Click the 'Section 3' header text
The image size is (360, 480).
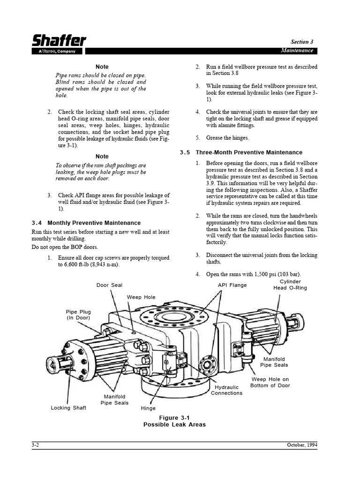(300, 42)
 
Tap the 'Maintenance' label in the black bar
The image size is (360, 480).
(297, 51)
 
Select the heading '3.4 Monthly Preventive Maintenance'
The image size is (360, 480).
(86, 223)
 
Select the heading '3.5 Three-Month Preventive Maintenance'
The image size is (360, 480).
(241, 152)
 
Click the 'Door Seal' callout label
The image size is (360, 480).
(109, 285)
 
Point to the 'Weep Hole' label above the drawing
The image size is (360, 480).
(141, 297)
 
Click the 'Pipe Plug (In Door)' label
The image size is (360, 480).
(78, 315)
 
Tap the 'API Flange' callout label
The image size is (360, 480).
(232, 285)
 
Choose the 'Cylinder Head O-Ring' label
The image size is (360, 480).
(290, 285)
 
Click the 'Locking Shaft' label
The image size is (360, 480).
(68, 408)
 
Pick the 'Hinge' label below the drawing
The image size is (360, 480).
(148, 408)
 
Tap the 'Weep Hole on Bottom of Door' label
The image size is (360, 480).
(270, 382)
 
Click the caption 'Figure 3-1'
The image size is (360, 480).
(174, 417)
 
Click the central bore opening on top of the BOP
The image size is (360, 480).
(173, 317)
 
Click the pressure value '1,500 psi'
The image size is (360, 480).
(265, 274)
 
